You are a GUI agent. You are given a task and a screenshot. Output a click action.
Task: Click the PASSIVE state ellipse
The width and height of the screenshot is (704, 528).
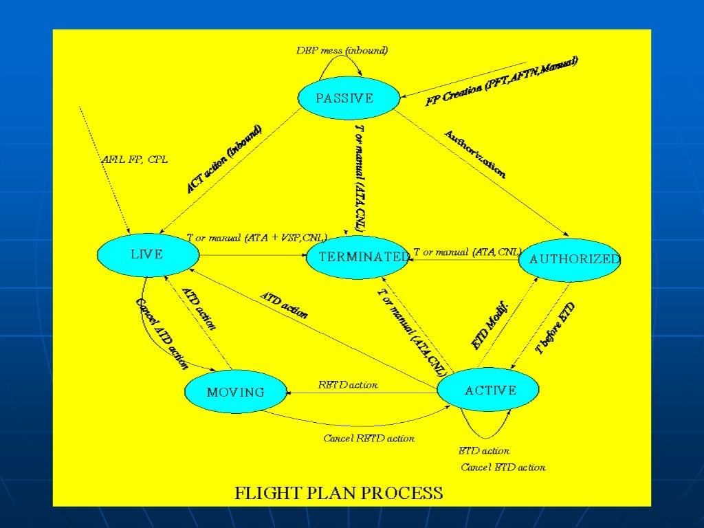coord(349,98)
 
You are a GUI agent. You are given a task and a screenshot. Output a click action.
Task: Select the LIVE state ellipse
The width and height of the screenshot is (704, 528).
coord(148,255)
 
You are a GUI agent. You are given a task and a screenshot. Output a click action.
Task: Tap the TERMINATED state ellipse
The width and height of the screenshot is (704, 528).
coord(357,257)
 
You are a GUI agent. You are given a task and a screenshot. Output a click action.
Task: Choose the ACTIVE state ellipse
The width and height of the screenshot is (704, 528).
coord(489,390)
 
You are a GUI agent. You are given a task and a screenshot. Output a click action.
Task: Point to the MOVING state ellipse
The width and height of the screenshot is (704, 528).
coord(236,393)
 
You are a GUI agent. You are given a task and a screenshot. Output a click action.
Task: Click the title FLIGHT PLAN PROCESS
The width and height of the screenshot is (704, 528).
coord(339,493)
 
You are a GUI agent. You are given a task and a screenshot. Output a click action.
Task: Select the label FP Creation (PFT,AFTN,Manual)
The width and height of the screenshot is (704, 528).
coord(502,80)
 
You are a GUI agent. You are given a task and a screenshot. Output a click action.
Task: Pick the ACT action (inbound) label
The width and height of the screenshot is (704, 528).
coord(224,159)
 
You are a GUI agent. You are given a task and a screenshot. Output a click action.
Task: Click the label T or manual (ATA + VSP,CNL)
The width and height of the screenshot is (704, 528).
coord(256,238)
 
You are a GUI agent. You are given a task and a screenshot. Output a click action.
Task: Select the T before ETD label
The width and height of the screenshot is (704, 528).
coord(555,329)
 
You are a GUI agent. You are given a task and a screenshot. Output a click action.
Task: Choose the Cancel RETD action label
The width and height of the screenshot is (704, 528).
coord(368,438)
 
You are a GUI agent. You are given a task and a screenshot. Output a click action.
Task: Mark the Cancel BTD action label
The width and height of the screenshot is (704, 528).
coord(503,467)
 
